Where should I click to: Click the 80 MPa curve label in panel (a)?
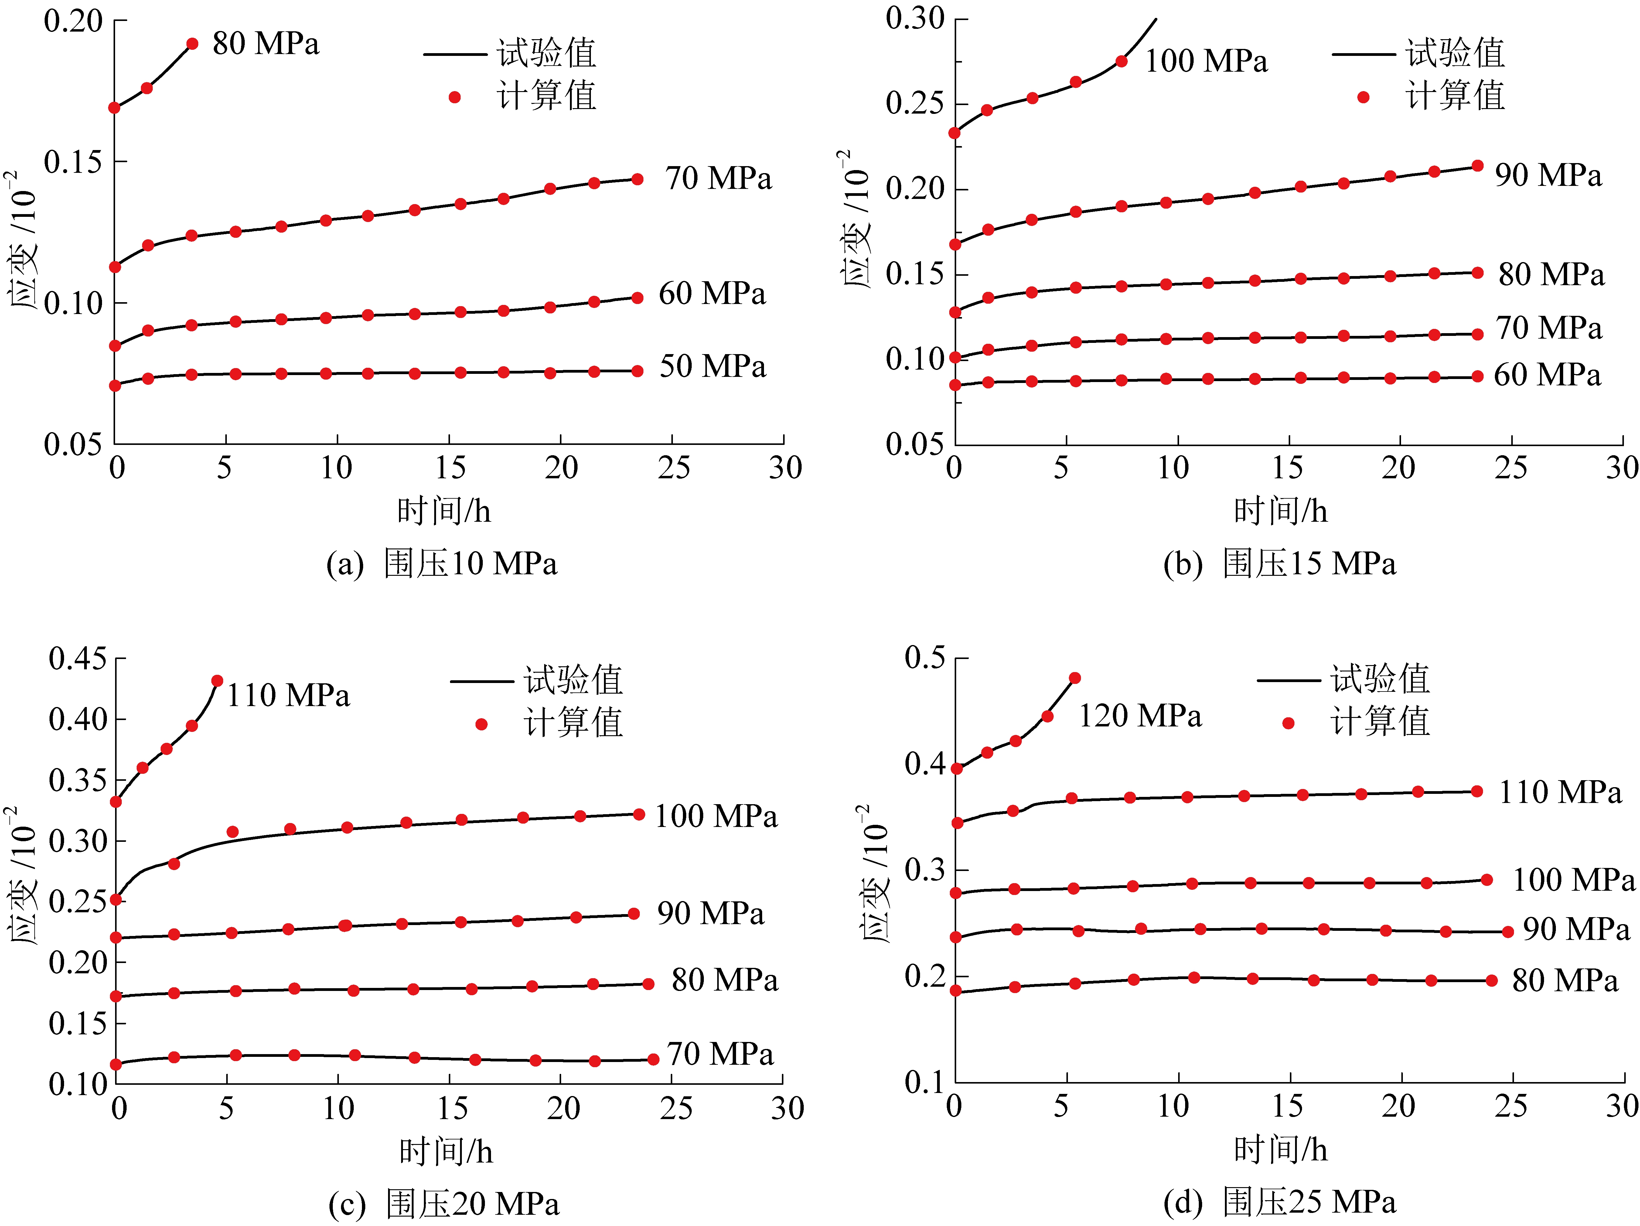(265, 44)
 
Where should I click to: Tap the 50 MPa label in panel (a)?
(712, 366)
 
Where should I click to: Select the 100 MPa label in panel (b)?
(1206, 61)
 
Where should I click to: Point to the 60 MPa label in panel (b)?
(1547, 375)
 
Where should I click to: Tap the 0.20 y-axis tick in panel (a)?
(73, 21)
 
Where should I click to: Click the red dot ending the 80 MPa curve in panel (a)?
(192, 44)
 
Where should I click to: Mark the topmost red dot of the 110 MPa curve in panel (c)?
(217, 681)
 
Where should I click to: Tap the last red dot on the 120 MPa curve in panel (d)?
(1074, 678)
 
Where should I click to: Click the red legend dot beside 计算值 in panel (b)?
(1363, 97)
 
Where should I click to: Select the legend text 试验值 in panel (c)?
(573, 680)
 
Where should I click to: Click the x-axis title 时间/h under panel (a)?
(443, 511)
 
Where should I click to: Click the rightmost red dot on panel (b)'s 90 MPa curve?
(1477, 166)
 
